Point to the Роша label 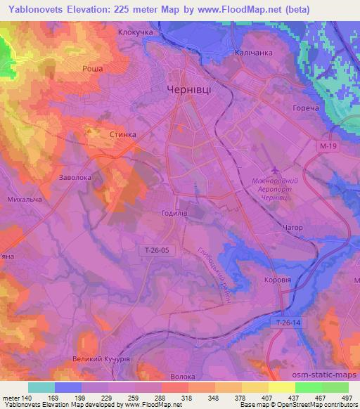(x=93, y=68)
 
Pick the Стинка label (x=123, y=133)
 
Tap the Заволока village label (x=76, y=178)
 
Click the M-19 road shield (x=323, y=143)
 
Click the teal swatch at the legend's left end (x=41, y=387)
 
